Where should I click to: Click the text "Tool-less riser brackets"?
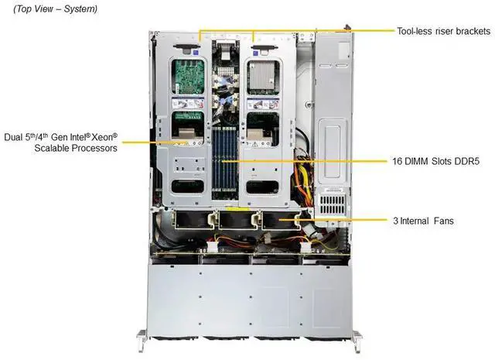point(443,31)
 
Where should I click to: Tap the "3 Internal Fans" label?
point(422,221)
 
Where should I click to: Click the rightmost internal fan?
point(278,221)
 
